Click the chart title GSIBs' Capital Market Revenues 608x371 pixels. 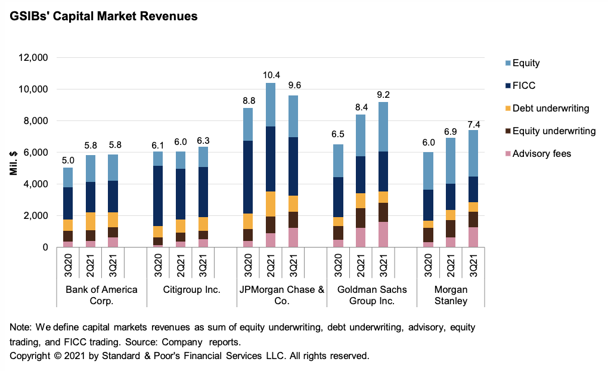click(103, 17)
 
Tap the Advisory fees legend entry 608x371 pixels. click(541, 154)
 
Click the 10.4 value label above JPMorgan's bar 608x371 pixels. click(271, 75)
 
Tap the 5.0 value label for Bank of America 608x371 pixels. click(68, 160)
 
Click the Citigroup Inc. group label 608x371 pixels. click(191, 290)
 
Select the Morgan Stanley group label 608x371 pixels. click(451, 295)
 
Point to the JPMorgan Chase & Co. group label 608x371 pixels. click(281, 295)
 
